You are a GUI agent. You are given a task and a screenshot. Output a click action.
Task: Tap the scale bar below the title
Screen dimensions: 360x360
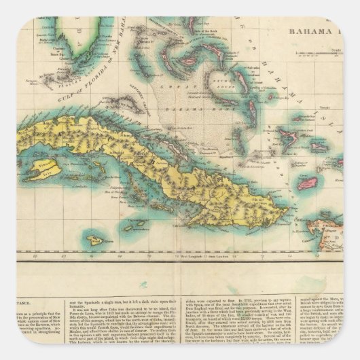click(x=326, y=55)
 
